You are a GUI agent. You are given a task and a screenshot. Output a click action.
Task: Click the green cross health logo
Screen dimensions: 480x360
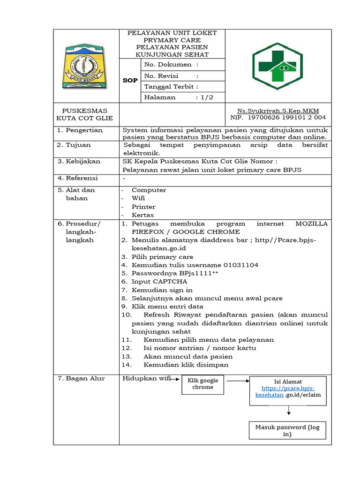pos(277,66)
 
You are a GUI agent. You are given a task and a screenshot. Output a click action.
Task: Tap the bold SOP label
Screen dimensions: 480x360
pos(130,81)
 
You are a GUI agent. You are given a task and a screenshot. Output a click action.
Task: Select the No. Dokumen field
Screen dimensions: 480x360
pos(171,65)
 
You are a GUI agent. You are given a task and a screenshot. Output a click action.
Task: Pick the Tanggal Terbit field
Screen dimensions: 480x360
pos(171,87)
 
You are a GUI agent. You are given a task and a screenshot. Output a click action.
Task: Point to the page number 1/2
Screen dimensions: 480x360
pos(207,97)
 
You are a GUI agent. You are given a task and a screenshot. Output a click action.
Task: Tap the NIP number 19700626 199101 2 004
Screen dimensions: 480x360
pos(287,118)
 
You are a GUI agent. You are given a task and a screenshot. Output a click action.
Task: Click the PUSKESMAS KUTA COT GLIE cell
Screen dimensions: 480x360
pos(85,114)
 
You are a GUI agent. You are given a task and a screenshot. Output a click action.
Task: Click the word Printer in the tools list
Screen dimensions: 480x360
pos(143,207)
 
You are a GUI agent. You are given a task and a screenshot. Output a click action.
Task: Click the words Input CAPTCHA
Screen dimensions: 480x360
pos(159,282)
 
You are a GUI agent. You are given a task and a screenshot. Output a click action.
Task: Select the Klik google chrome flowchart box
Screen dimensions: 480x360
pos(202,384)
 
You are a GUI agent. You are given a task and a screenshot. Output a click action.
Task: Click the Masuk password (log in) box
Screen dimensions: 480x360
pos(287,431)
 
